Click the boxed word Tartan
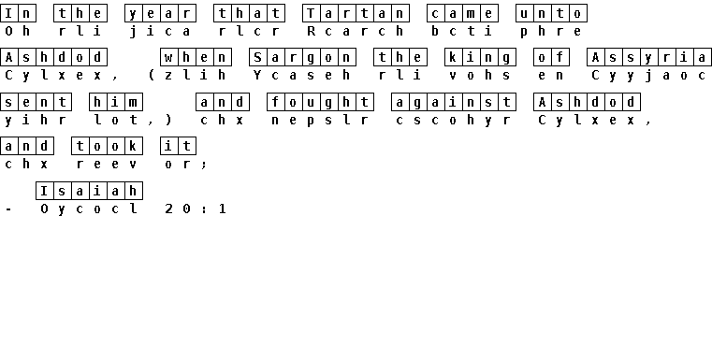[356, 13]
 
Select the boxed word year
[160, 13]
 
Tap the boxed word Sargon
[302, 58]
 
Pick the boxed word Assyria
[649, 58]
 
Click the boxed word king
[480, 58]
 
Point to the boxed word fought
[320, 102]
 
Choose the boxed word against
[454, 102]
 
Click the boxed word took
[107, 146]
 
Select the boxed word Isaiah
[89, 191]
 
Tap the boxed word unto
[551, 13]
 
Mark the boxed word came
[462, 13]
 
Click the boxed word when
[196, 58]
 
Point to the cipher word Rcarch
[356, 31]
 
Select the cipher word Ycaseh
[302, 76]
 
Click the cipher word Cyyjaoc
[649, 76]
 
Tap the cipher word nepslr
[320, 121]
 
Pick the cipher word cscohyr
[454, 121]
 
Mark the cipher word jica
[160, 31]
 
